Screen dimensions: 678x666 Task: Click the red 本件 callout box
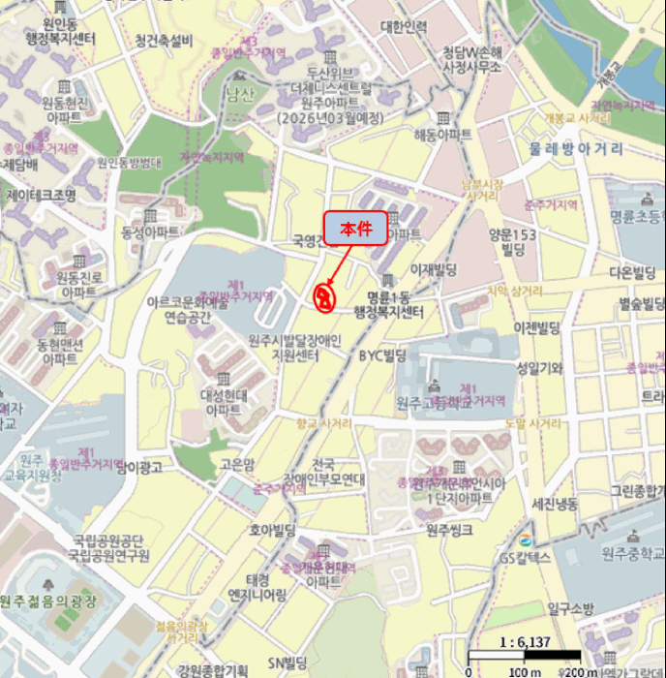[x=355, y=228]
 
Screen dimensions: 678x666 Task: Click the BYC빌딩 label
[x=381, y=356]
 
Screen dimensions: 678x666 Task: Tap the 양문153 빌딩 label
[x=512, y=241]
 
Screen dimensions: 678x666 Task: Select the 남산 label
[x=238, y=94]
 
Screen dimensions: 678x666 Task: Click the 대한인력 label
[x=404, y=26]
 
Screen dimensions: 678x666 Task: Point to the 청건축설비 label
[x=165, y=41]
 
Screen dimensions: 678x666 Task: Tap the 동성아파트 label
[x=150, y=233]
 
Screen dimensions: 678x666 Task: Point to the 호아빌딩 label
[x=271, y=530]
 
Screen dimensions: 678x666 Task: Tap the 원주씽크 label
[x=449, y=530]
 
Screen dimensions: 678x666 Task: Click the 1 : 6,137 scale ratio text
[x=524, y=642]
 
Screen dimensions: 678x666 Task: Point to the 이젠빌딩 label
[x=538, y=325]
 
